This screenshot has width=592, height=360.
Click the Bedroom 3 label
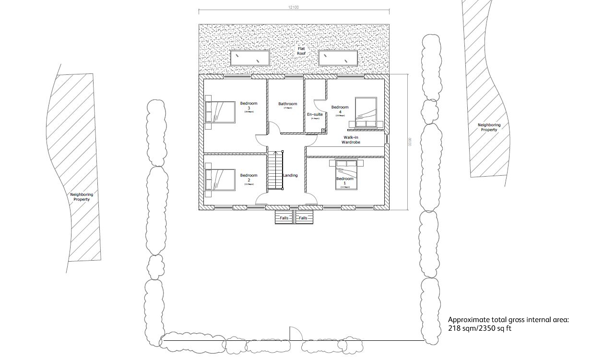click(x=249, y=106)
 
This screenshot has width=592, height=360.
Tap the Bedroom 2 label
click(x=249, y=178)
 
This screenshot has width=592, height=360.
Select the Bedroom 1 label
click(x=344, y=181)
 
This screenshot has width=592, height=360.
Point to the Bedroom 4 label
click(x=340, y=110)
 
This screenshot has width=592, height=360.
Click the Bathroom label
click(x=287, y=104)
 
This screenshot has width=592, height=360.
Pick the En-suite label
click(x=315, y=115)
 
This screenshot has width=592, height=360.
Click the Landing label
click(x=290, y=176)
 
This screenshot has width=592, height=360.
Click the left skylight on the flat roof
click(x=249, y=58)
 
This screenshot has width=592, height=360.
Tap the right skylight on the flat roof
click(x=338, y=58)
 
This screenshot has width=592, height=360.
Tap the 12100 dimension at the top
click(x=293, y=7)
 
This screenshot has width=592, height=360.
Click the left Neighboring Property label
click(x=82, y=197)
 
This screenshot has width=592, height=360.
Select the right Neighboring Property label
click(x=489, y=127)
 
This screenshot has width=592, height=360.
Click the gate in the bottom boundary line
click(x=294, y=334)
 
